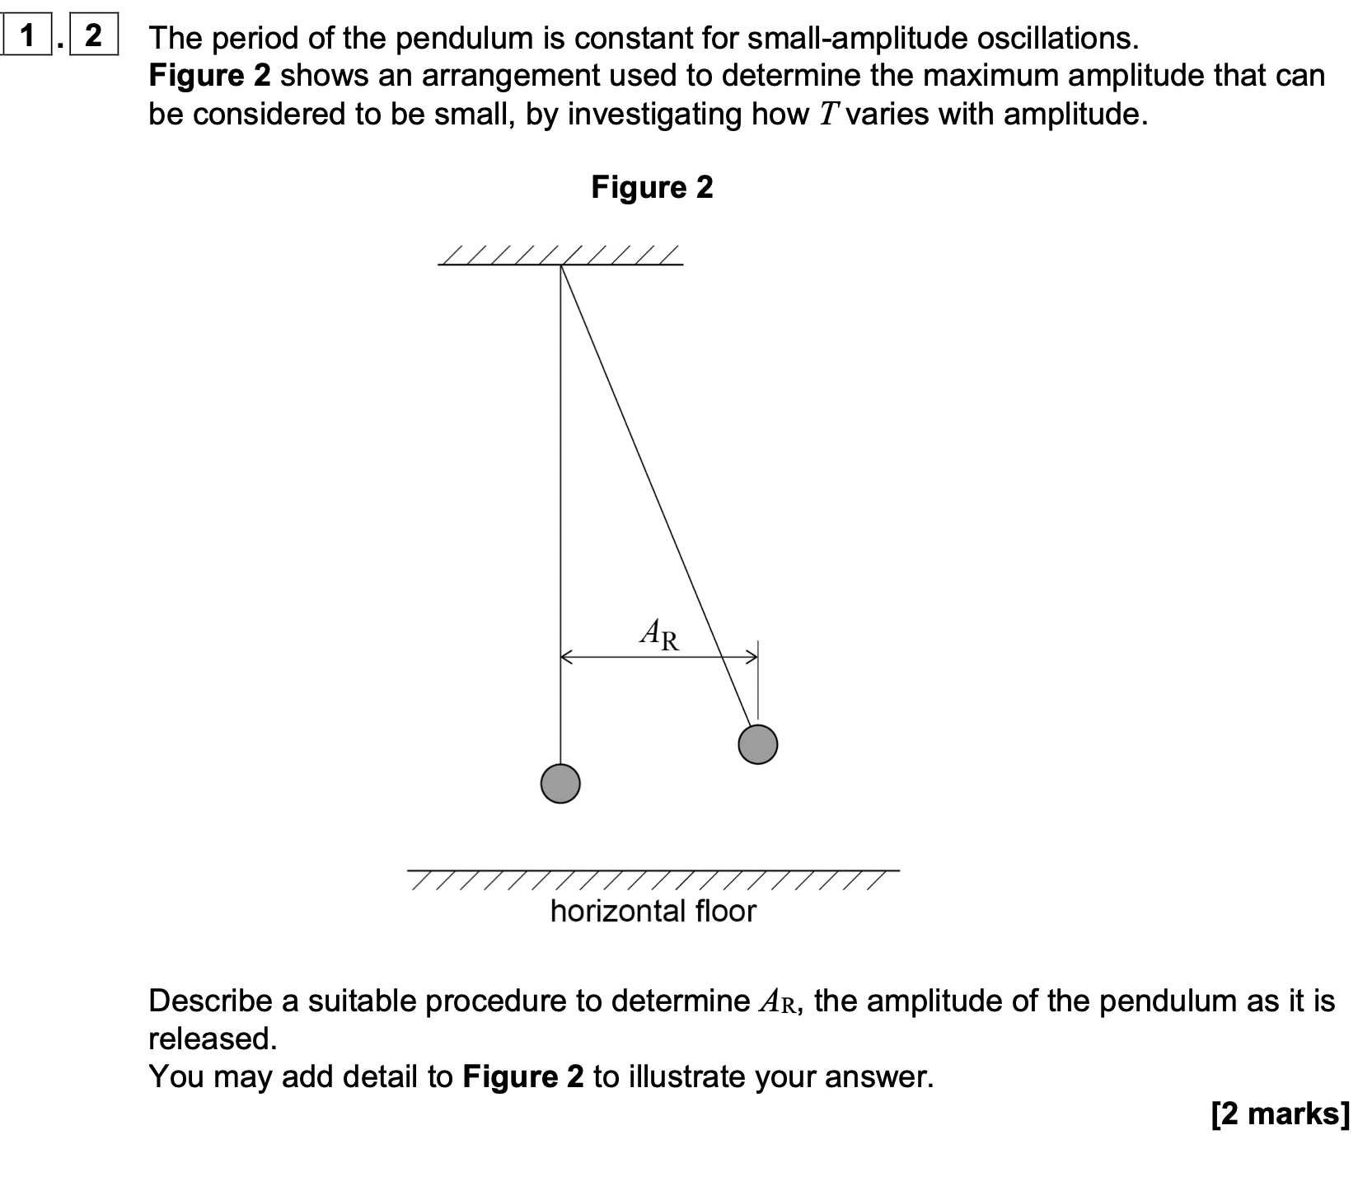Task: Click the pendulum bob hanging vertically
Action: click(x=560, y=782)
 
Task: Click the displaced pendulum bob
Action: click(x=758, y=744)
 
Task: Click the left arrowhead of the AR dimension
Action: click(x=567, y=657)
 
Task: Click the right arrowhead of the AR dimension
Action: click(x=752, y=657)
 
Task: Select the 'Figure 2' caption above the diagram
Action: click(x=652, y=188)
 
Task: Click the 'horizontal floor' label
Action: click(x=653, y=911)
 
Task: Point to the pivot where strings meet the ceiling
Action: click(x=561, y=265)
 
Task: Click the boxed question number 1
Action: click(x=28, y=36)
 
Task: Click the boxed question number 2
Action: click(x=93, y=36)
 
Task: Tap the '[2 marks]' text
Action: click(x=1281, y=1114)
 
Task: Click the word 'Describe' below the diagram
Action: click(x=210, y=1001)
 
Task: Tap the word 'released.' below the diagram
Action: click(x=213, y=1039)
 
